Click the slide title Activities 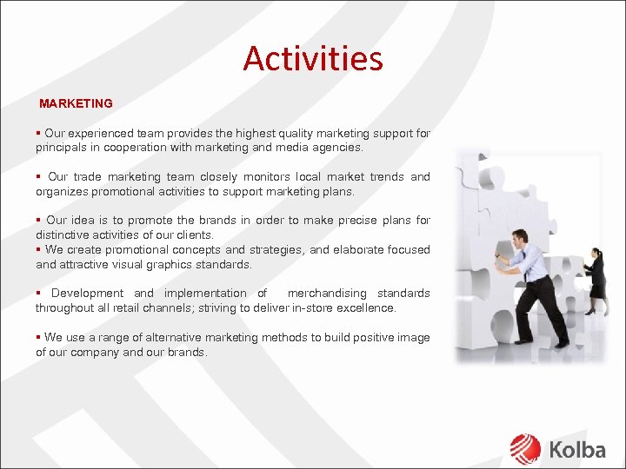pos(313,59)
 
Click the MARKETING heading pos(76,103)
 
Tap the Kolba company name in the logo pos(576,449)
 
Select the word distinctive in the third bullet pos(65,235)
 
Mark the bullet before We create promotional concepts pos(38,250)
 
